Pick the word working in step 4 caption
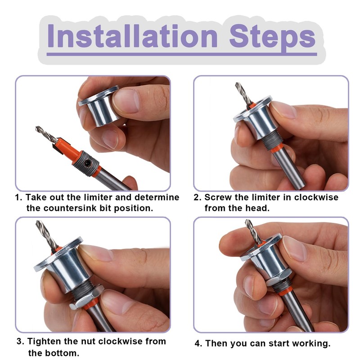(x=309, y=343)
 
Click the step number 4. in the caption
(x=198, y=343)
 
